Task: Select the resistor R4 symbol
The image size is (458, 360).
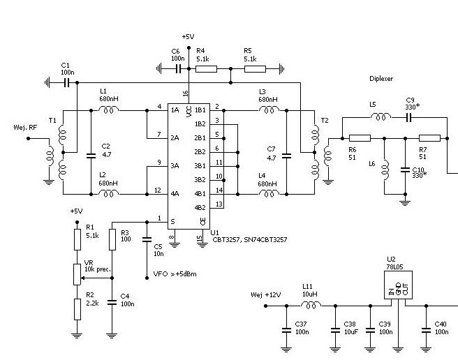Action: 206,69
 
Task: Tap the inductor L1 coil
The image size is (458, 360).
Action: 108,110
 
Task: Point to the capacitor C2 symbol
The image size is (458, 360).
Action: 91,153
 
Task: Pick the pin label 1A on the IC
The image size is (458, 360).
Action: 175,110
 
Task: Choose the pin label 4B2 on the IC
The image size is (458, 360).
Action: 200,207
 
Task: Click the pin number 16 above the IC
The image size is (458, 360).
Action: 186,93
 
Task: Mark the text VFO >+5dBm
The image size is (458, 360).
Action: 175,274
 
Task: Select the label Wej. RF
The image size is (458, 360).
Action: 15,128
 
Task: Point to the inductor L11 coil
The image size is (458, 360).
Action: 309,305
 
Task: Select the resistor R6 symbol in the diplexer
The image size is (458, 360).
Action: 359,138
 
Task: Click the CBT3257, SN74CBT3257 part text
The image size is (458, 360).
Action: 249,239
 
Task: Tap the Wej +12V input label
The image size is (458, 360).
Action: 265,295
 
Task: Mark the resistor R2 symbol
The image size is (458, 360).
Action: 77,307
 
